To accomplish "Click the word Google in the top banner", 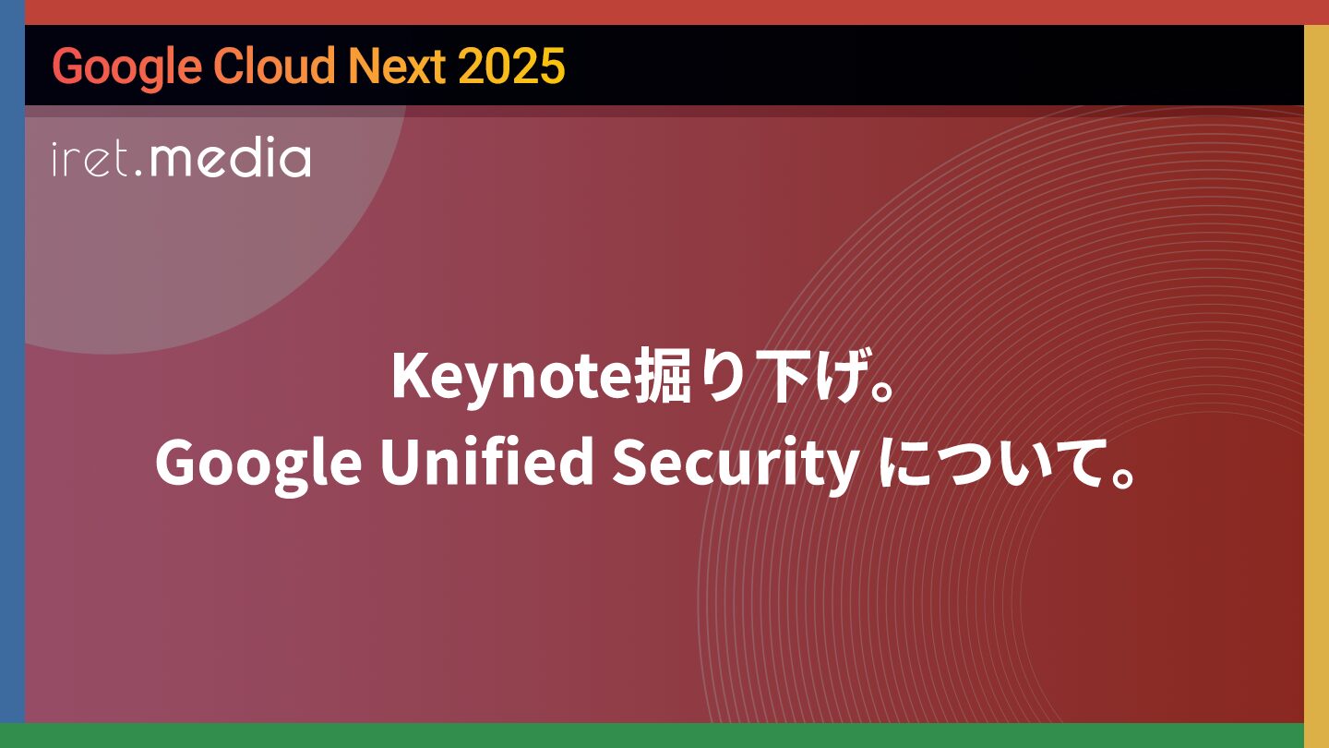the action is [x=127, y=67].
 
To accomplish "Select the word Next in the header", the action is [x=397, y=66].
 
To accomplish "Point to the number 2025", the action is [x=511, y=66].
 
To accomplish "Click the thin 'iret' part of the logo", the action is [x=90, y=159].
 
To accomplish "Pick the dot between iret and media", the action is [x=138, y=173].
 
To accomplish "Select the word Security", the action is [x=736, y=464].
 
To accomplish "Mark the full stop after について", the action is [x=1122, y=477].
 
